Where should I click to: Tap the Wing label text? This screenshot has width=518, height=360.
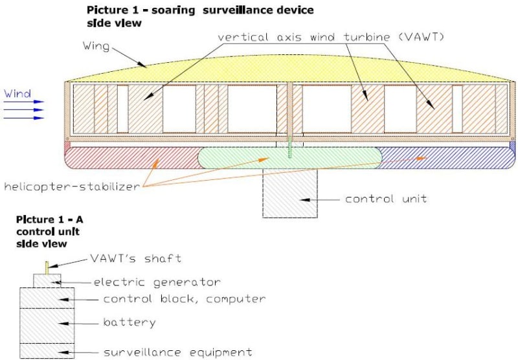tap(96, 47)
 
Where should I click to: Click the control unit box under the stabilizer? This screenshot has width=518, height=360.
tap(289, 194)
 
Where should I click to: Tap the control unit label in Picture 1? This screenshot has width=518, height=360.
tap(386, 199)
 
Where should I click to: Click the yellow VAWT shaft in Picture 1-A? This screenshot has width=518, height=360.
tap(47, 266)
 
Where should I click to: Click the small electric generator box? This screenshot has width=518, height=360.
tap(47, 280)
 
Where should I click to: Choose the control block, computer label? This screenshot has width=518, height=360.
tap(185, 298)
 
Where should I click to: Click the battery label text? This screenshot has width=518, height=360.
tap(129, 322)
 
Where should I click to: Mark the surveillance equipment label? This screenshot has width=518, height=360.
tap(177, 352)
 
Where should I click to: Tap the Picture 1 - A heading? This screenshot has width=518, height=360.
tap(50, 219)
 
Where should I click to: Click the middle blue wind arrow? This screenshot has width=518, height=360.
tap(23, 110)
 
